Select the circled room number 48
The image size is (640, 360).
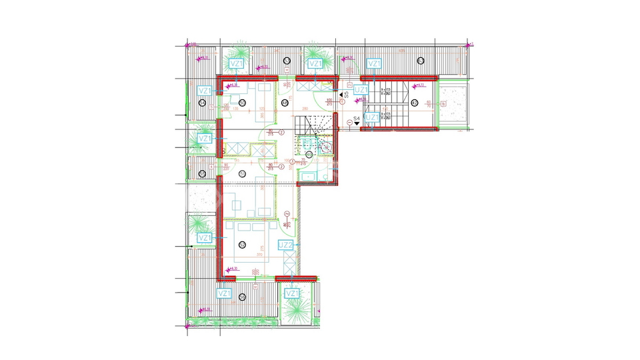(x=286, y=102)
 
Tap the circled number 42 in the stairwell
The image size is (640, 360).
(x=414, y=103)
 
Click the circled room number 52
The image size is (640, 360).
(x=243, y=227)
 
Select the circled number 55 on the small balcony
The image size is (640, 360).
(x=202, y=173)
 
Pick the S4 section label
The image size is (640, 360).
(x=356, y=120)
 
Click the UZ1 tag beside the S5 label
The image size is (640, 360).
(x=361, y=90)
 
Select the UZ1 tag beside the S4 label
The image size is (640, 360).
(x=373, y=118)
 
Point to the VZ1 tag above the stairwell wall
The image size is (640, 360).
(x=374, y=64)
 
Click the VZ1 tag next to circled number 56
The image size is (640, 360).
(x=225, y=293)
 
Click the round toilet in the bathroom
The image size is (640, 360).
(x=327, y=148)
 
